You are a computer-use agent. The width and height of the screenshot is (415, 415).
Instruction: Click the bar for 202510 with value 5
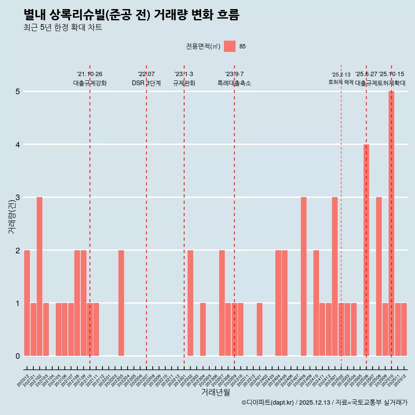tap(391, 223)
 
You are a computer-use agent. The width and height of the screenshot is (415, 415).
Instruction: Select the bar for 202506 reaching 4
tap(366, 250)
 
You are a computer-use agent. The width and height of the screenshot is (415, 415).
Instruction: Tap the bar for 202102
tap(39, 276)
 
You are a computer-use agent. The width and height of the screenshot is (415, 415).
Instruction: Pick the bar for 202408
tap(303, 276)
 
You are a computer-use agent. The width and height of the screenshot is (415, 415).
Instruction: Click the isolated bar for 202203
tap(121, 303)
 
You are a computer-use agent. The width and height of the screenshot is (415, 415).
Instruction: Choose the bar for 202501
tap(335, 276)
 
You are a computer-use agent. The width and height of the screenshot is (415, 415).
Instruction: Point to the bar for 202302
tap(190, 303)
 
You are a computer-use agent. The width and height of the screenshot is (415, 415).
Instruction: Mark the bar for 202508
tap(379, 276)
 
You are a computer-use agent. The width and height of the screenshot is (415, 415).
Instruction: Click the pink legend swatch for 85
tap(230, 46)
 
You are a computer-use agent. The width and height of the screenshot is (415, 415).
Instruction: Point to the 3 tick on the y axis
tap(18, 198)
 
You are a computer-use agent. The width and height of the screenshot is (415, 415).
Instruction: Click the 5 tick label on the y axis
tap(18, 92)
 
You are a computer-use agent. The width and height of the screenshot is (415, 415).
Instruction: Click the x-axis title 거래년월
tap(215, 393)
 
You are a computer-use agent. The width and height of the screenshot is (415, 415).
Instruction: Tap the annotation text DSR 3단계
tap(146, 83)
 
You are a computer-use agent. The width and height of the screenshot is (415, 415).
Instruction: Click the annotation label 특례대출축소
tap(234, 83)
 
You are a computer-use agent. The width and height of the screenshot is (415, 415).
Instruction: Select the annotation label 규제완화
tap(184, 83)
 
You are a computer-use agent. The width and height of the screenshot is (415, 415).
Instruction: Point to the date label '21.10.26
tap(89, 74)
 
